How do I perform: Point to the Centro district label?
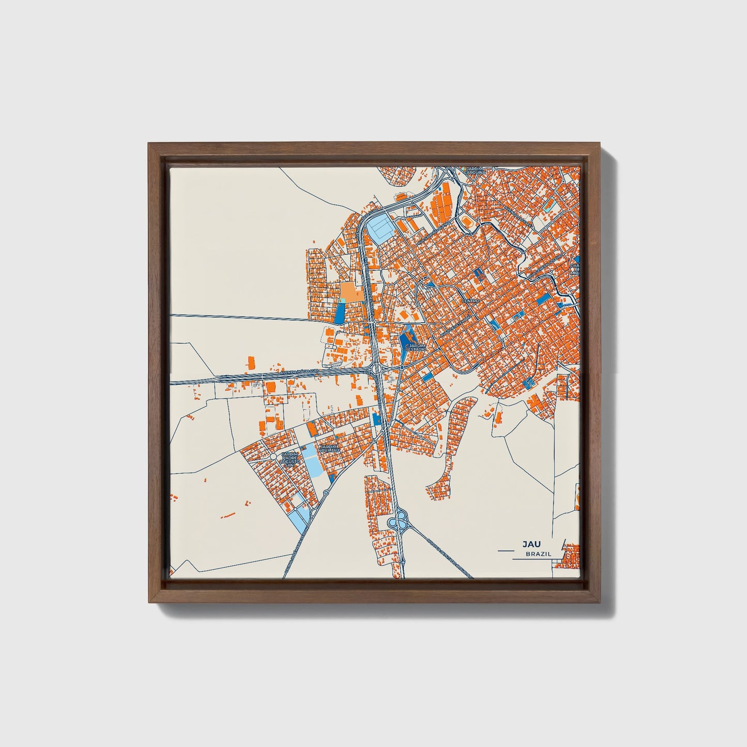[x=471, y=300]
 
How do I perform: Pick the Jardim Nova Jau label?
[x=329, y=449]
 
